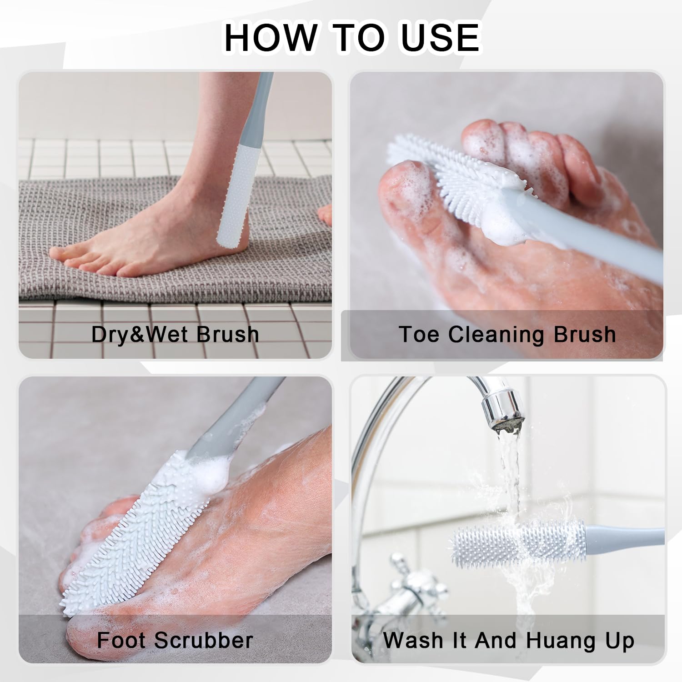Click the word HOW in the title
pyautogui.click(x=271, y=37)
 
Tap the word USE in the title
pyautogui.click(x=440, y=37)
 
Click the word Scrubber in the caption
pyautogui.click(x=204, y=640)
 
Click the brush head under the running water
pyautogui.click(x=518, y=542)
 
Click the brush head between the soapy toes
pyautogui.click(x=455, y=182)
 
